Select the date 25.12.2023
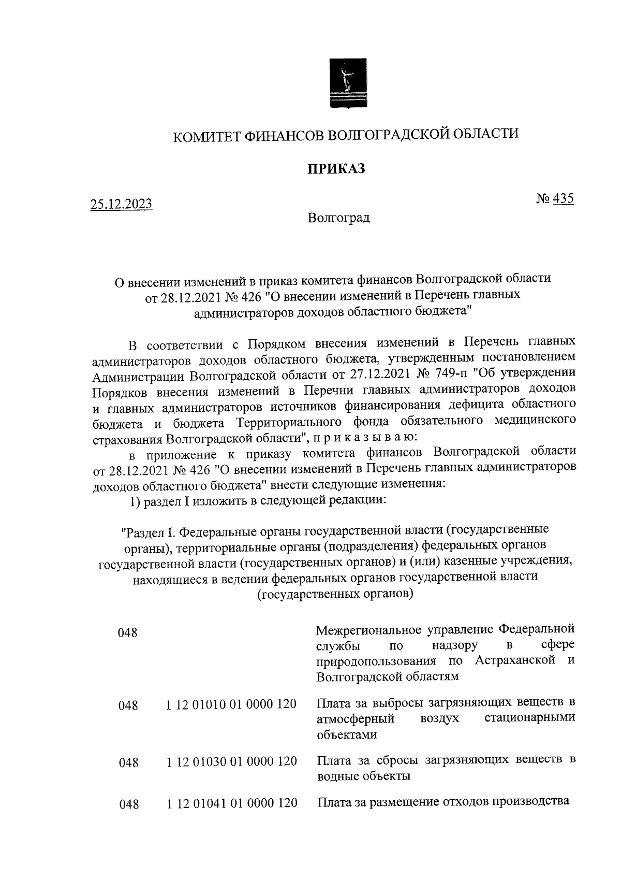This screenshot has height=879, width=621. (x=122, y=204)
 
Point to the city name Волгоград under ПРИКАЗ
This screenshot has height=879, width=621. (x=338, y=218)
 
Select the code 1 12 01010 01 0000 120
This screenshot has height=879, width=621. (x=231, y=704)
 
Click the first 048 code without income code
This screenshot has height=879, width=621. (x=128, y=632)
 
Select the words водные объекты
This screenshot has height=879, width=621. (x=363, y=776)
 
